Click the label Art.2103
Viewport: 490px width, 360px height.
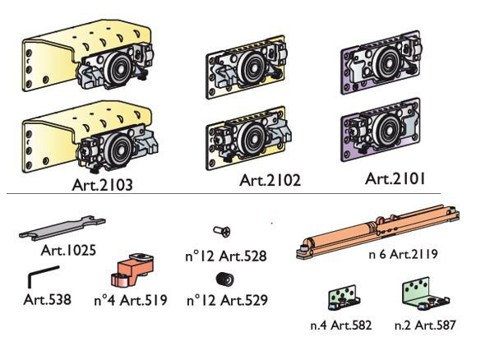pos(102,185)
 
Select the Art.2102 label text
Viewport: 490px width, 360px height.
pos(270,180)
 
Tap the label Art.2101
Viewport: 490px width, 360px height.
pos(395,179)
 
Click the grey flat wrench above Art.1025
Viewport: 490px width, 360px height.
pos(62,228)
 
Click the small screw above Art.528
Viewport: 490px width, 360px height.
pos(222,231)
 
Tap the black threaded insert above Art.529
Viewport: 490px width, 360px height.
pos(224,279)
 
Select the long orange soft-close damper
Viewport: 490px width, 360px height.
pos(377,232)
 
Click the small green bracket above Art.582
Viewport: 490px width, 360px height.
pos(344,298)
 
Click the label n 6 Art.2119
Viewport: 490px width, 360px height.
pos(403,254)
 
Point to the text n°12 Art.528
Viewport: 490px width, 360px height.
pos(226,256)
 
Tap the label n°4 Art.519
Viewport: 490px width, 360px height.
pos(131,300)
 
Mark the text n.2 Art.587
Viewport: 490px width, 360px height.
pos(425,325)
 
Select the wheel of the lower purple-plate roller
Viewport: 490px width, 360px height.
pos(388,130)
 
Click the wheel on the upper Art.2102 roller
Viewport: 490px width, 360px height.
pos(252,67)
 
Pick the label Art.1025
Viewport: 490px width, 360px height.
pos(68,250)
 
